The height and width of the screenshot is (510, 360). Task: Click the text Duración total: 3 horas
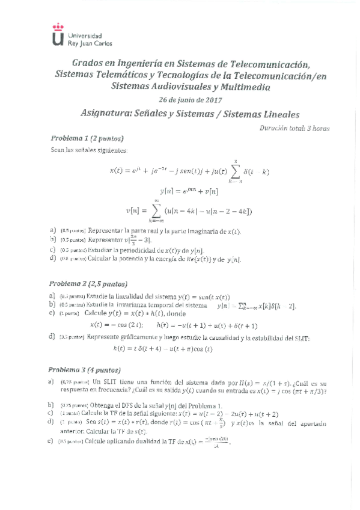click(x=294, y=127)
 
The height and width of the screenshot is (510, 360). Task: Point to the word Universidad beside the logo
click(x=84, y=36)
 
